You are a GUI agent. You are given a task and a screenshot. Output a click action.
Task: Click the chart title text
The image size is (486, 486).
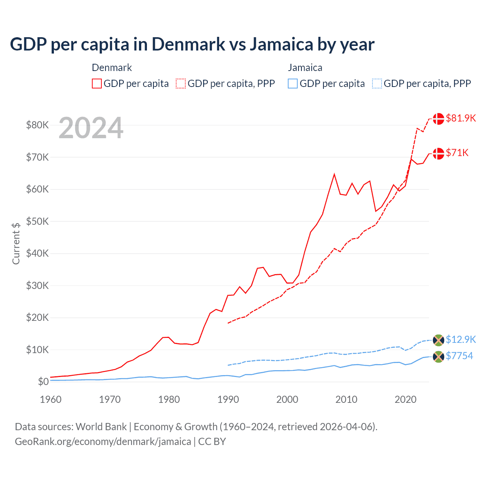tap(192, 44)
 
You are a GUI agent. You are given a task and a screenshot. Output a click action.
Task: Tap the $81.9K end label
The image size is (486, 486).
tap(461, 118)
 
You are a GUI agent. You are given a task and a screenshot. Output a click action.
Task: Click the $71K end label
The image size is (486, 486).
tap(457, 153)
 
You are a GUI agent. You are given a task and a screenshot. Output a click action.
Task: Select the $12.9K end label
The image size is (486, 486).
tap(461, 339)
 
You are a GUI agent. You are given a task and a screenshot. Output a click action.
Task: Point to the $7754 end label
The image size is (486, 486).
tap(459, 356)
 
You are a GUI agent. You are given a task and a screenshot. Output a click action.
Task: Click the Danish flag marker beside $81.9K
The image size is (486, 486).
tap(439, 118)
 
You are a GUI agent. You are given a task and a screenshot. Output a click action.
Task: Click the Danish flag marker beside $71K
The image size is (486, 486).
tap(439, 153)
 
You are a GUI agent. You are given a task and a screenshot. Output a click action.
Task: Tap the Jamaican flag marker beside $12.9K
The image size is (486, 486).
tap(439, 340)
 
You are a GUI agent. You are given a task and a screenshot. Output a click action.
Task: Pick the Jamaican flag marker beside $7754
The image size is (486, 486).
tap(439, 357)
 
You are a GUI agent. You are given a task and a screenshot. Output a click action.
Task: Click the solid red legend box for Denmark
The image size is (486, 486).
tap(97, 84)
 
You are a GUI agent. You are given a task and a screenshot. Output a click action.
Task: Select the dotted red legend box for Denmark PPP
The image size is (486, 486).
tap(181, 84)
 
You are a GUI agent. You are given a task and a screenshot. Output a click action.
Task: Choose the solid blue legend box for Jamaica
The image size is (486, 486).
tap(293, 84)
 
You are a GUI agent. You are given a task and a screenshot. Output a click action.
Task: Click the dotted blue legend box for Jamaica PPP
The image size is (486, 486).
tap(377, 84)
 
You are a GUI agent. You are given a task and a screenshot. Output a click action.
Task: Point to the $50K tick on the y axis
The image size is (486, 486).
tap(37, 221)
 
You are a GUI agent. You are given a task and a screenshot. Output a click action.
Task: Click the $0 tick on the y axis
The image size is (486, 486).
tap(43, 382)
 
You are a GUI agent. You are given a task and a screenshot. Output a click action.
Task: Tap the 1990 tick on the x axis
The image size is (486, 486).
tap(228, 399)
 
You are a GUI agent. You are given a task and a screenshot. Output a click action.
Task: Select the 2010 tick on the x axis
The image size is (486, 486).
tap(346, 399)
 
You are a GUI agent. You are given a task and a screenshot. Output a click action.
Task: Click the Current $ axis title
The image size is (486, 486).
tap(16, 243)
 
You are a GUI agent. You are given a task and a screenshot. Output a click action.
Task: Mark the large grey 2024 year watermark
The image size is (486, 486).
tap(91, 128)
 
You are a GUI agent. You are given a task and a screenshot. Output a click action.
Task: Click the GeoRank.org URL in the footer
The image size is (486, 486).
tap(103, 442)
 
